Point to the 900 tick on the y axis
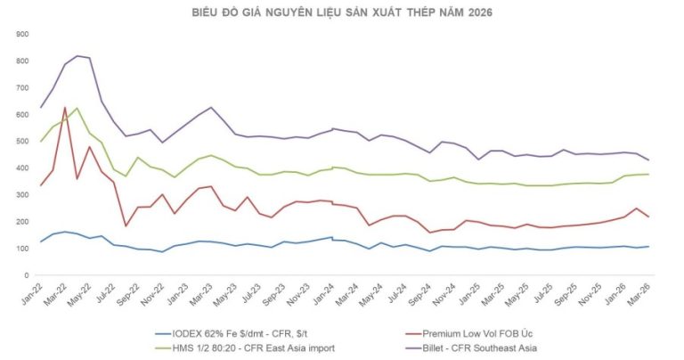click(x=23, y=34)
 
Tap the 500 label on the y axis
click(x=23, y=141)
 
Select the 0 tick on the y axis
click(x=27, y=275)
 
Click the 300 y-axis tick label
click(x=23, y=195)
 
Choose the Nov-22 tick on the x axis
click(x=155, y=292)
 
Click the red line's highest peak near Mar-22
click(x=65, y=108)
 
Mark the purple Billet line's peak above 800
click(x=77, y=56)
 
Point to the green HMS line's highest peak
click(x=77, y=109)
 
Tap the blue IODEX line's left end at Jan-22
click(x=41, y=241)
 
